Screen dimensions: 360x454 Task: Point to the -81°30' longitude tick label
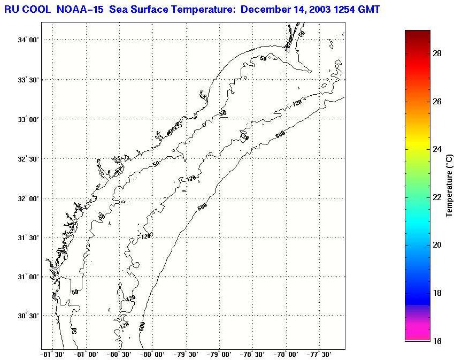tap(53, 354)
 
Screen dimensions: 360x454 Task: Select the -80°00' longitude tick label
tap(153, 354)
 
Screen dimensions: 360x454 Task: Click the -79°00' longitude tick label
tap(219, 354)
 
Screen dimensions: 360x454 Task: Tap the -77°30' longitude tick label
tap(319, 354)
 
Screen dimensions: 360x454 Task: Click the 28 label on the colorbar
tap(436, 54)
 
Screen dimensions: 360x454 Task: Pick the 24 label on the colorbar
tap(436, 149)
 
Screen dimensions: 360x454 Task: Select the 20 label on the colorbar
tap(436, 245)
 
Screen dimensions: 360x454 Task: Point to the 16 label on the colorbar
tap(436, 341)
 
